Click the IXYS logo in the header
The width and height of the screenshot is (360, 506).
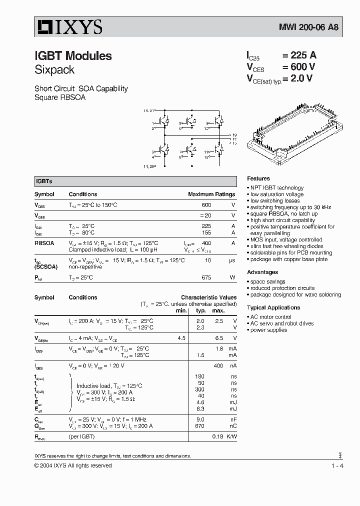(x=69, y=26)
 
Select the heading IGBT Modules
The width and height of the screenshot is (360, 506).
(x=73, y=56)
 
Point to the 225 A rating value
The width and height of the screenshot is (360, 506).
(x=299, y=56)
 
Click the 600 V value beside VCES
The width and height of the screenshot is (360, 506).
(x=298, y=67)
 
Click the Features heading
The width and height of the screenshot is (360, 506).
(x=258, y=178)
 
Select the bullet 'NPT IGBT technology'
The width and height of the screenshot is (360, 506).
(x=276, y=188)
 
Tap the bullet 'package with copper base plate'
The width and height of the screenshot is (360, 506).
(x=288, y=259)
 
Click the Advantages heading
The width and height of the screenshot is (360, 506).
(x=262, y=272)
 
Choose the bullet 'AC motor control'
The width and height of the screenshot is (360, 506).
(x=270, y=317)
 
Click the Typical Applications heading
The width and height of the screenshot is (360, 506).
(x=273, y=307)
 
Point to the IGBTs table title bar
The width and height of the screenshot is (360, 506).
(x=135, y=181)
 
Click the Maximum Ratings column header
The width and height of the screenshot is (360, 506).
(x=211, y=194)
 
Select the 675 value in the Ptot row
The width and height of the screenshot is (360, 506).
(x=206, y=277)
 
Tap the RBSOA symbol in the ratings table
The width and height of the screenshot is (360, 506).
(x=44, y=243)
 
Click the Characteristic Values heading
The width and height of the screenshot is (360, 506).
(x=208, y=297)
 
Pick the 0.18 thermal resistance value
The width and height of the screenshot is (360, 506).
(x=217, y=436)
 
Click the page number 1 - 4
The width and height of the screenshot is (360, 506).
(x=337, y=466)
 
